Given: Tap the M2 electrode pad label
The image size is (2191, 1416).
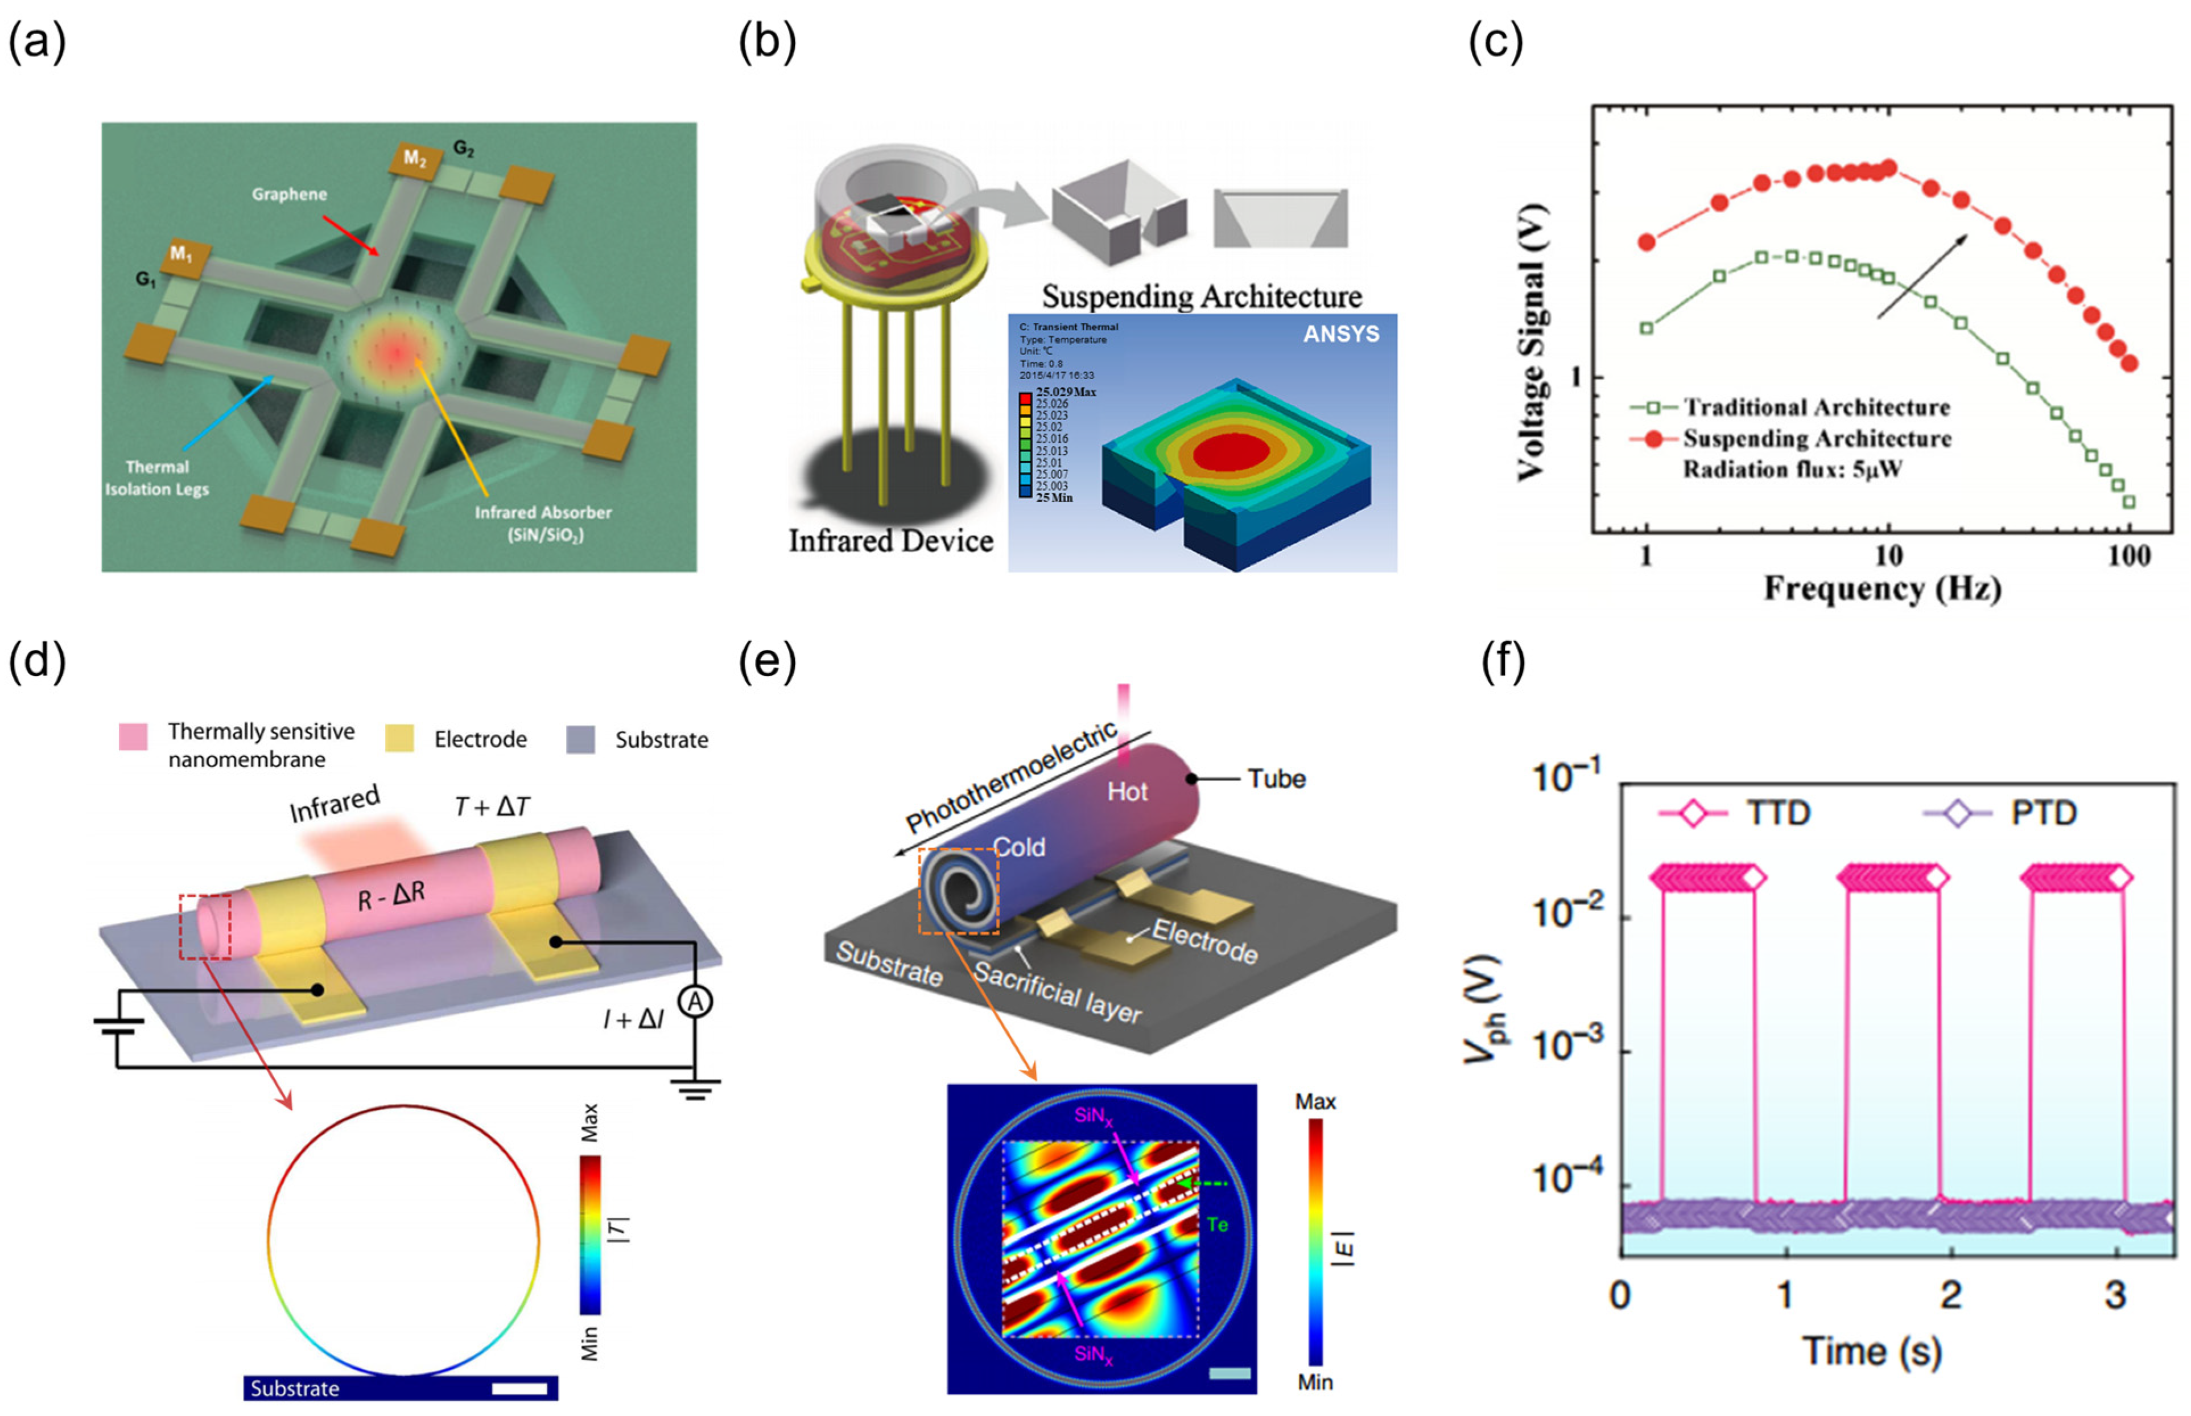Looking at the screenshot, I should [415, 159].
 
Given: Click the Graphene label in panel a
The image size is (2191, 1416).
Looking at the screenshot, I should [290, 194].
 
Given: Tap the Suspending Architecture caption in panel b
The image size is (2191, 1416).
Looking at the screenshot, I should [1201, 296].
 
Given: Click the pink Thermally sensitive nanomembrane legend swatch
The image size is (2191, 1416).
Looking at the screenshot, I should [133, 736].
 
